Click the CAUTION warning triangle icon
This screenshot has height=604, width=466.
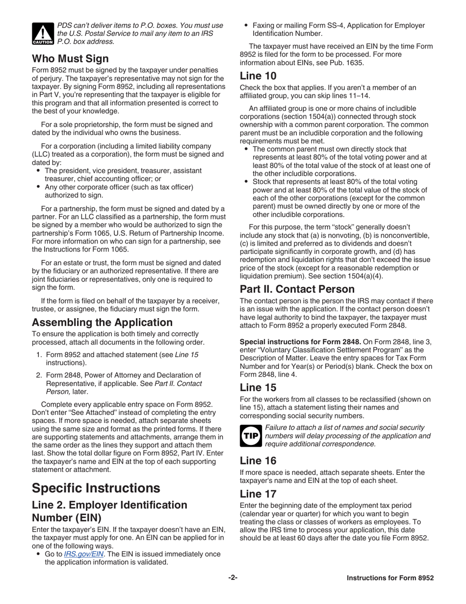pyautogui.click(x=42, y=34)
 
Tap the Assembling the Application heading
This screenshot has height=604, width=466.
pyautogui.click(x=102, y=323)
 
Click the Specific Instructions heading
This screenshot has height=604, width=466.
pyautogui.click(x=96, y=488)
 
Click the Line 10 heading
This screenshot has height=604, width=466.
pyautogui.click(x=259, y=76)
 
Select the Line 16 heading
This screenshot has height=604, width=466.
pyautogui.click(x=259, y=461)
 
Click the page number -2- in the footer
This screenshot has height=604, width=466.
pyautogui.click(x=233, y=578)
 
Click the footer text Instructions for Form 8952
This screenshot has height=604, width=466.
pyautogui.click(x=390, y=578)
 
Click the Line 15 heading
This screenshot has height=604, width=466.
pyautogui.click(x=259, y=387)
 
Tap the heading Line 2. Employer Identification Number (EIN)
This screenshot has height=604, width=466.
pyautogui.click(x=109, y=511)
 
